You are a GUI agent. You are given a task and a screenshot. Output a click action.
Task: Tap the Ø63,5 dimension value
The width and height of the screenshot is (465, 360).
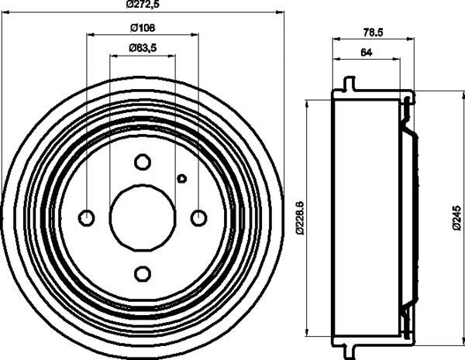point(141,48)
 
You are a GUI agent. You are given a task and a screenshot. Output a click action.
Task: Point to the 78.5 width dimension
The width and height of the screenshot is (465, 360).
point(374,32)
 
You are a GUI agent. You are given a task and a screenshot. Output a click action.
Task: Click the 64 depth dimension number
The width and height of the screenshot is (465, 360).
point(367,52)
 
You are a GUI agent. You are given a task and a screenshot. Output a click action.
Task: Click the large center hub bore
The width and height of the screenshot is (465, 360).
point(143,218)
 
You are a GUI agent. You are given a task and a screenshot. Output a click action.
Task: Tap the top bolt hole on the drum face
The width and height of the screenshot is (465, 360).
point(143,162)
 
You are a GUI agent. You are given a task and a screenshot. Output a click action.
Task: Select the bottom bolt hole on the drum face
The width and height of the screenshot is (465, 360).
point(143,273)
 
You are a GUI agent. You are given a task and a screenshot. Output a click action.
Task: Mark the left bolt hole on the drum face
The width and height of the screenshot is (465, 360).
point(87,218)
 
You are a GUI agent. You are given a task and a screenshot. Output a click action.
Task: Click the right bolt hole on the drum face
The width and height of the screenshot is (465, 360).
point(198,218)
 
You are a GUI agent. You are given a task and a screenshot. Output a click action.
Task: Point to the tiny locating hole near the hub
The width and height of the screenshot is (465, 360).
point(182,179)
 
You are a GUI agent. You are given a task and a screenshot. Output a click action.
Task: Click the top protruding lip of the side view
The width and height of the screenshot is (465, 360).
point(349,82)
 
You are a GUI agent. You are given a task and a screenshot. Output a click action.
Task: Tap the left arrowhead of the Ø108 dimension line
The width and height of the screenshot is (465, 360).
point(90,35)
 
